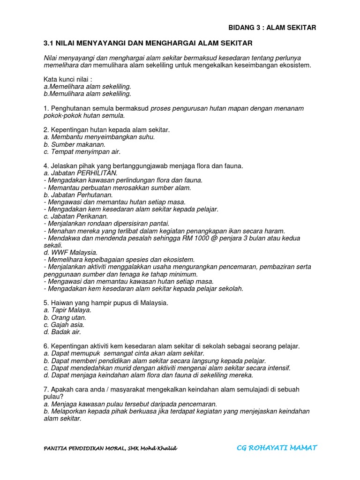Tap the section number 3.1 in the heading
[x=49, y=43]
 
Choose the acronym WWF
[x=60, y=252]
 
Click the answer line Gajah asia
[x=64, y=324]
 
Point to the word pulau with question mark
[x=53, y=397]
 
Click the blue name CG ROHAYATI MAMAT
[x=277, y=448]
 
